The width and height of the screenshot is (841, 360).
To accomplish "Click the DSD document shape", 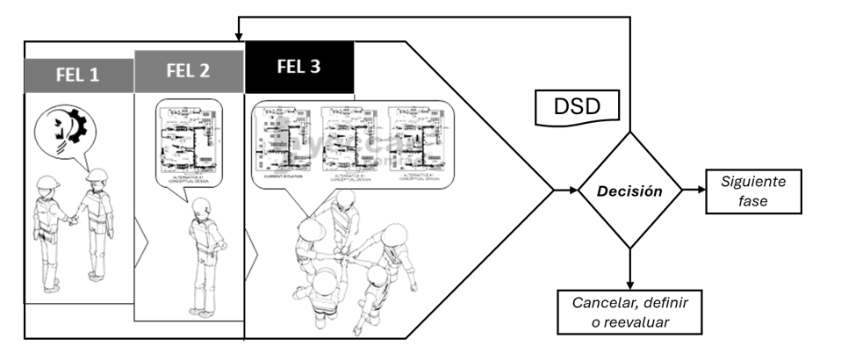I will pos(579,107).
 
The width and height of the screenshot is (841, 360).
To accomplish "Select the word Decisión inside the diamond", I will pos(629,190).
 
